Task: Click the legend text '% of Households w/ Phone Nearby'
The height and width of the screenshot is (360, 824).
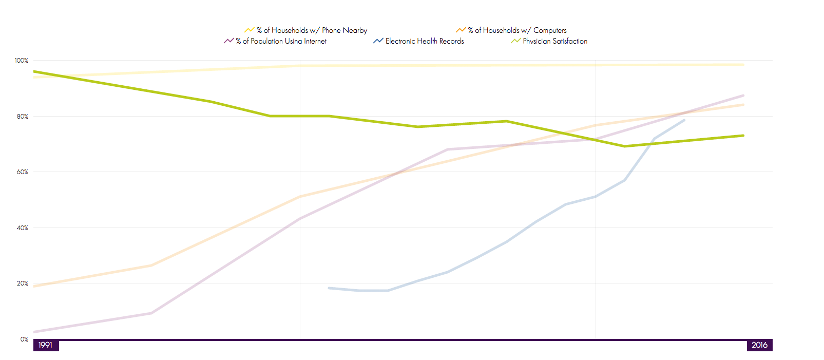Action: point(312,30)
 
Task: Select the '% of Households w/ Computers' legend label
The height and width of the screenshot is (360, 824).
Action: point(517,30)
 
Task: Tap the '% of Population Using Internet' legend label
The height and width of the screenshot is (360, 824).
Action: point(281,41)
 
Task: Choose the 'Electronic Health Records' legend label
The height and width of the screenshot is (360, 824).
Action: point(425,41)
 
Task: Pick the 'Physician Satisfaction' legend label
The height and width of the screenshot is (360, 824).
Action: point(555,41)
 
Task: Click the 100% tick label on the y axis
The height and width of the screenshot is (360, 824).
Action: point(22,61)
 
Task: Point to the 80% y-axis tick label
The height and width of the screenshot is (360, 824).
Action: point(23,117)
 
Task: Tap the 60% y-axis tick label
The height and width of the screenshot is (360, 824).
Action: point(23,172)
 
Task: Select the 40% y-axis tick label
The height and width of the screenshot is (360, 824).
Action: point(23,228)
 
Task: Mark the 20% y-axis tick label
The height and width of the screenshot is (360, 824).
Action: point(23,283)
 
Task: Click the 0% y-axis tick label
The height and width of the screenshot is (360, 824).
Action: point(24,339)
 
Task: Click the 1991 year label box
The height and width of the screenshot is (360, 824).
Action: point(46,345)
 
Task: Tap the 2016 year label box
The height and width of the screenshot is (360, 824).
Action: point(759,345)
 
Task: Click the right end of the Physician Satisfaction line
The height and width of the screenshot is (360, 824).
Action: point(743,136)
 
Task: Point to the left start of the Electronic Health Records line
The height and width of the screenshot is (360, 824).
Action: point(329,288)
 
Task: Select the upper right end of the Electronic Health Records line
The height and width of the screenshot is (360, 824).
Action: point(684,120)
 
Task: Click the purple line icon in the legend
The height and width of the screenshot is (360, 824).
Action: point(228,41)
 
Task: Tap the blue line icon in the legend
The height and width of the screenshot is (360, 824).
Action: point(378,41)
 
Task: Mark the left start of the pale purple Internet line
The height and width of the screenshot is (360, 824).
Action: point(34,332)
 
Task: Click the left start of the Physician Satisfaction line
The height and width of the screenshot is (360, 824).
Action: point(34,71)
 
